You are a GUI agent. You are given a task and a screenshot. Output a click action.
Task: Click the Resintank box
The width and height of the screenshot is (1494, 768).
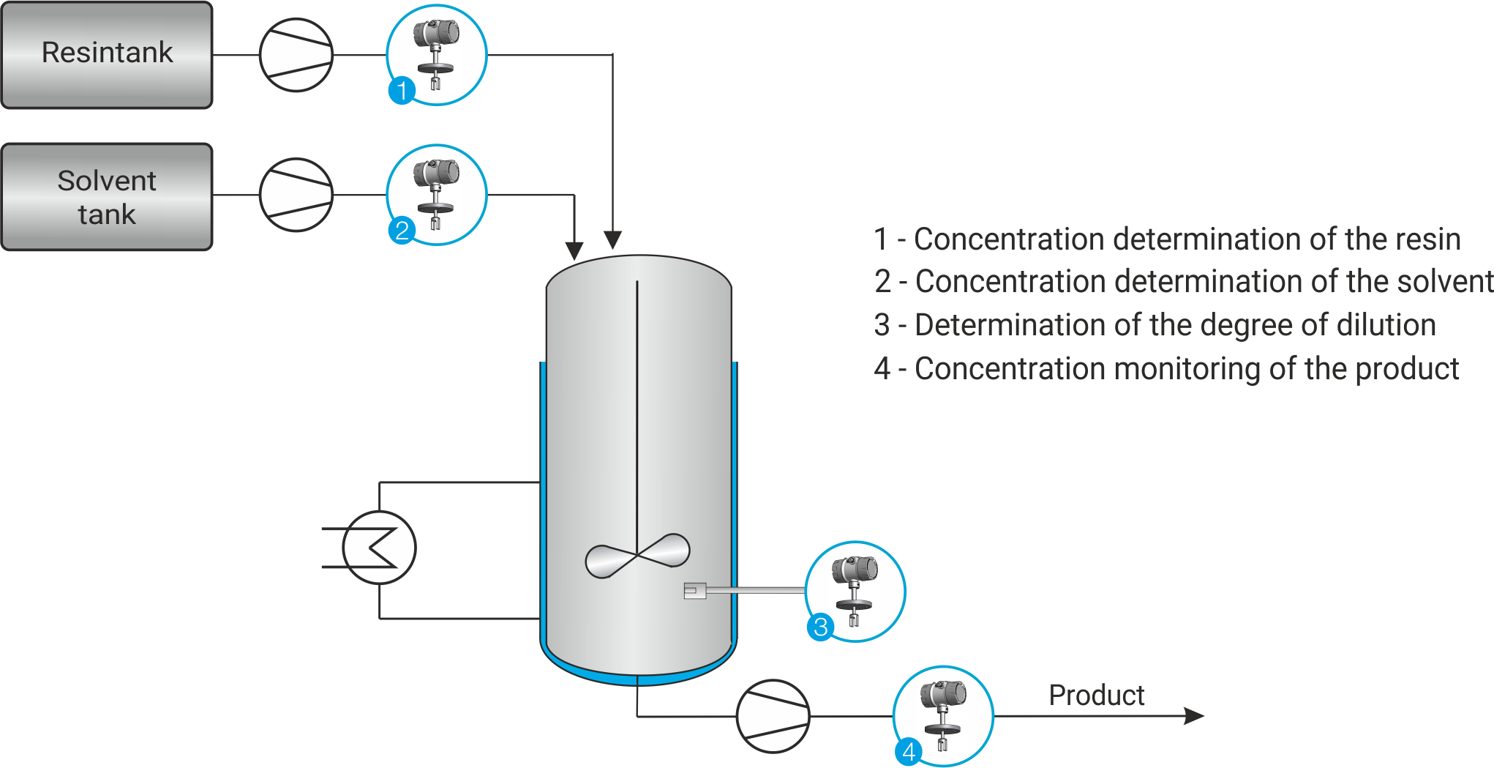(x=107, y=55)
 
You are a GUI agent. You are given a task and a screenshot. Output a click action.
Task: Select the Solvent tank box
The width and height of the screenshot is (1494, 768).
(x=107, y=197)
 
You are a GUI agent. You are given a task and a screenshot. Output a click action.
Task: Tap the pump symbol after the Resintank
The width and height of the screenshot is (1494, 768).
(x=296, y=55)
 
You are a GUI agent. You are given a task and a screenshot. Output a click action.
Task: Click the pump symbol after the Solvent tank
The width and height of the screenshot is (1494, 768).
(x=296, y=195)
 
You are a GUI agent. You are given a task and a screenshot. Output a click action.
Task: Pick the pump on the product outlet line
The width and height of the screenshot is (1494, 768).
(x=773, y=716)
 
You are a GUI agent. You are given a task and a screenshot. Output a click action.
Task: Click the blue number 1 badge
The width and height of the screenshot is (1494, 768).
(x=402, y=91)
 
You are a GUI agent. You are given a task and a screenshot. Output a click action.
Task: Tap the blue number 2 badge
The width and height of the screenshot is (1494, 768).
(x=402, y=231)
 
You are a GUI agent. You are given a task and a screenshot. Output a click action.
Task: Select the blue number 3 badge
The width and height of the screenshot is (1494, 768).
(x=821, y=627)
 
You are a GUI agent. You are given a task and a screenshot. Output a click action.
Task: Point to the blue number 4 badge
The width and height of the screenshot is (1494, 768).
(x=909, y=751)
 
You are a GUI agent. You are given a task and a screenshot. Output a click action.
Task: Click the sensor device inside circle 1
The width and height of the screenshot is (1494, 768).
(x=436, y=53)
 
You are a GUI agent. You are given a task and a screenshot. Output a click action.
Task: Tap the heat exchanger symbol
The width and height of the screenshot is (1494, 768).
(x=379, y=548)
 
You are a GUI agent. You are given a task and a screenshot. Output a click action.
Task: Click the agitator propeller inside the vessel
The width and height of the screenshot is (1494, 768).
(x=637, y=556)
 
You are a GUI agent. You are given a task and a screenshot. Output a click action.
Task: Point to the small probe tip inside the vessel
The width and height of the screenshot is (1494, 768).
(x=694, y=590)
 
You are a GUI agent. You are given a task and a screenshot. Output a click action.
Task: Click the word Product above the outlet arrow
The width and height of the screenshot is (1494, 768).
(x=1097, y=695)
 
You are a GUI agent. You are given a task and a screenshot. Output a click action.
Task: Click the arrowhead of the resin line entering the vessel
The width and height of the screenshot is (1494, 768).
(x=612, y=240)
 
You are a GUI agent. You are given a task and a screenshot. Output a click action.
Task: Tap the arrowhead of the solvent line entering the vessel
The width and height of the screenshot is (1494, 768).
(x=574, y=250)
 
